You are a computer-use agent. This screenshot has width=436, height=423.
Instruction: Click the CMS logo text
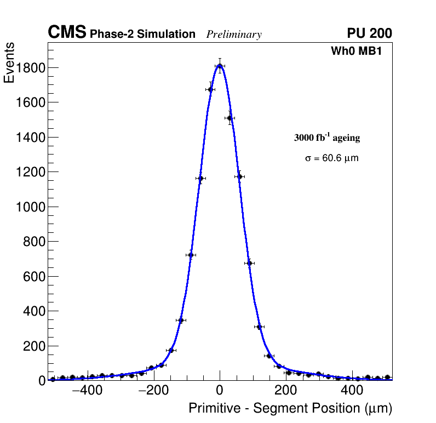pyautogui.click(x=67, y=33)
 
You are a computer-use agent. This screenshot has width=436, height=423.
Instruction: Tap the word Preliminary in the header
pyautogui.click(x=234, y=35)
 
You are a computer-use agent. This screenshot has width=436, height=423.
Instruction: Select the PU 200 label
pyautogui.click(x=369, y=33)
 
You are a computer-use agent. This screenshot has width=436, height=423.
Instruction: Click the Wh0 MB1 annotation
pyautogui.click(x=355, y=52)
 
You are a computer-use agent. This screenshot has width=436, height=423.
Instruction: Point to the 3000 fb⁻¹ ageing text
pyautogui.click(x=327, y=138)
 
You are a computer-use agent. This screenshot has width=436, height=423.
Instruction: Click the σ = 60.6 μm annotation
pyautogui.click(x=331, y=158)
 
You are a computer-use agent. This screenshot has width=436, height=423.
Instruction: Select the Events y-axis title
pyautogui.click(x=9, y=64)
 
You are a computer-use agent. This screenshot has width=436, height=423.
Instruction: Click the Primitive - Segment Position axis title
pyautogui.click(x=290, y=409)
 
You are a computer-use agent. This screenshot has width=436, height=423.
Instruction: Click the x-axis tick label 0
pyautogui.click(x=220, y=391)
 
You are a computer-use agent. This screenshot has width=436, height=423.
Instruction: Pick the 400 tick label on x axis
pyautogui.click(x=352, y=391)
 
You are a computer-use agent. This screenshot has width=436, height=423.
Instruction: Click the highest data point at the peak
pyautogui.click(x=220, y=66)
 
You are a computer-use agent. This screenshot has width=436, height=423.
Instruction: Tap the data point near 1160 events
pyautogui.click(x=200, y=178)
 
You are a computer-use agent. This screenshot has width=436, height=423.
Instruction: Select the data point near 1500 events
pyautogui.click(x=230, y=118)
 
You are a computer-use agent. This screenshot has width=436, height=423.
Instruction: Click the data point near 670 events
pyautogui.click(x=249, y=263)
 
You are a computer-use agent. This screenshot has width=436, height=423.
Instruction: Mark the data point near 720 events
pyautogui.click(x=191, y=255)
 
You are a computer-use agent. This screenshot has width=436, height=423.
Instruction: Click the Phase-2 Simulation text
pyautogui.click(x=142, y=34)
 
